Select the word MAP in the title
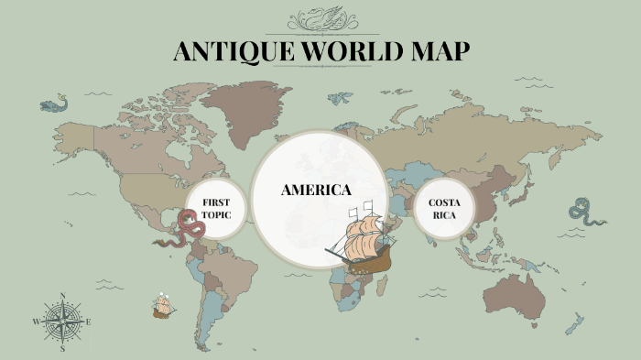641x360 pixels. pyautogui.click(x=440, y=51)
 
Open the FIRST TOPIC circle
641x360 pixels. pyautogui.click(x=216, y=208)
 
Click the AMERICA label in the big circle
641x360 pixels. pyautogui.click(x=316, y=191)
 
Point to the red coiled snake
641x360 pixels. pyautogui.click(x=188, y=229)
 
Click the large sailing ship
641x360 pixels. pyautogui.click(x=362, y=240)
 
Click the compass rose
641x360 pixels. pyautogui.click(x=62, y=322)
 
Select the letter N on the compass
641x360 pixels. pyautogui.click(x=62, y=296)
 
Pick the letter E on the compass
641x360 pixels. pyautogui.click(x=89, y=322)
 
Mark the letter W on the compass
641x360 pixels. pyautogui.click(x=36, y=322)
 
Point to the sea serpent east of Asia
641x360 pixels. pyautogui.click(x=583, y=212)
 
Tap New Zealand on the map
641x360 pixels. pyautogui.click(x=574, y=322)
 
